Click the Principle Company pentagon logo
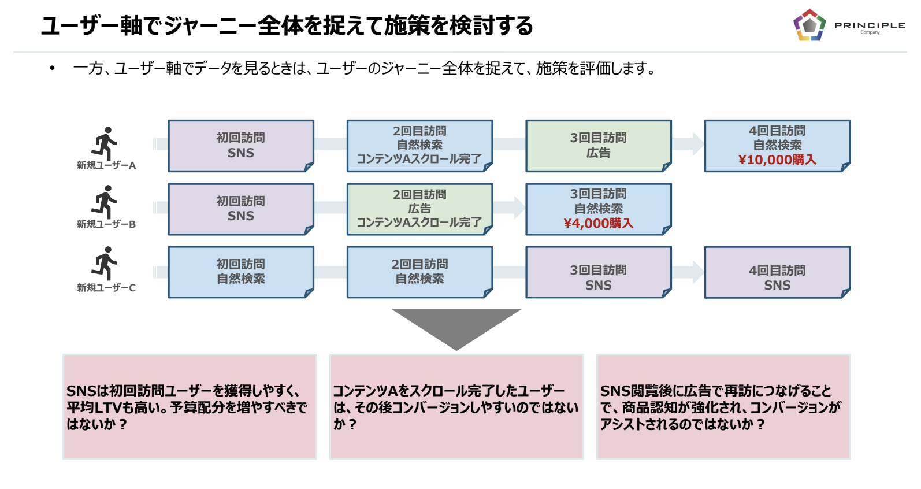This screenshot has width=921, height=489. point(809,25)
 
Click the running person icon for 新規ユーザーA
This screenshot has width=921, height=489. point(104,143)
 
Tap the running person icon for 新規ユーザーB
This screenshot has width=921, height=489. point(104,202)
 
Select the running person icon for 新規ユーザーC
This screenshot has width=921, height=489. point(104,264)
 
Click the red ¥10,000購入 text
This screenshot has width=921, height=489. point(777,160)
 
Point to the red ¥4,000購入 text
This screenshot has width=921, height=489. point(598,223)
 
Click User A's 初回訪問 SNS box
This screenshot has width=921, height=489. point(241,146)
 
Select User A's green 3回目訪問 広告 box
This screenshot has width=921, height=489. point(599,146)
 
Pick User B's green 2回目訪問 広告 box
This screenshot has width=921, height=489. point(420,209)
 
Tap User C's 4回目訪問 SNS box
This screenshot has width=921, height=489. point(778,272)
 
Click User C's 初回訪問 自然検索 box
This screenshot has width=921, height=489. point(241,272)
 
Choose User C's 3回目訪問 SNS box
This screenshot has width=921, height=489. point(599,272)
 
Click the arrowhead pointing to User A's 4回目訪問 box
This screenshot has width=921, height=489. point(698,144)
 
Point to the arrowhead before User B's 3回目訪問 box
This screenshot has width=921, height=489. point(519,208)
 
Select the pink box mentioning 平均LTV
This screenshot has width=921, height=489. point(190,407)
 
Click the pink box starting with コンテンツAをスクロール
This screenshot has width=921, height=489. point(456,407)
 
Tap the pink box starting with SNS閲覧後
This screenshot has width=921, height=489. point(723,407)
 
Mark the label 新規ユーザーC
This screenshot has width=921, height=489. point(106,287)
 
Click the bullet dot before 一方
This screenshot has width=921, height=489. point(52,68)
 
